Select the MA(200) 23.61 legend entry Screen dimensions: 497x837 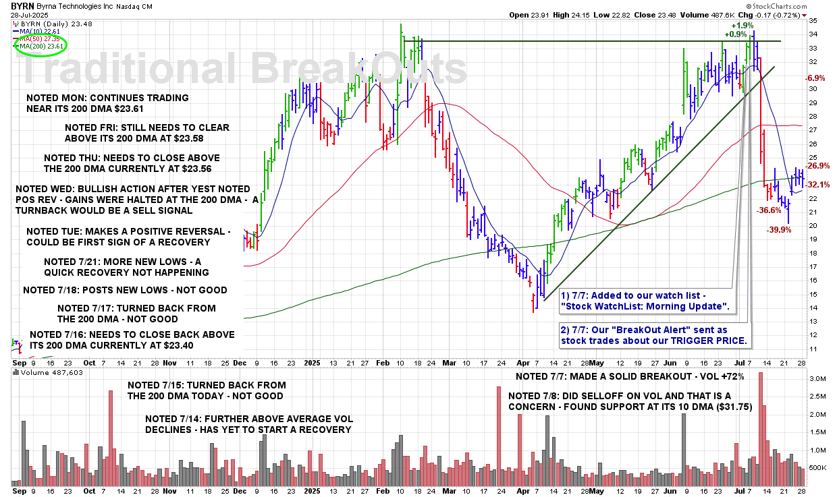(x=42, y=47)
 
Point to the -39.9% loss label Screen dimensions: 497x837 (x=780, y=231)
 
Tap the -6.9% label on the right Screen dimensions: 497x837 (x=815, y=78)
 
